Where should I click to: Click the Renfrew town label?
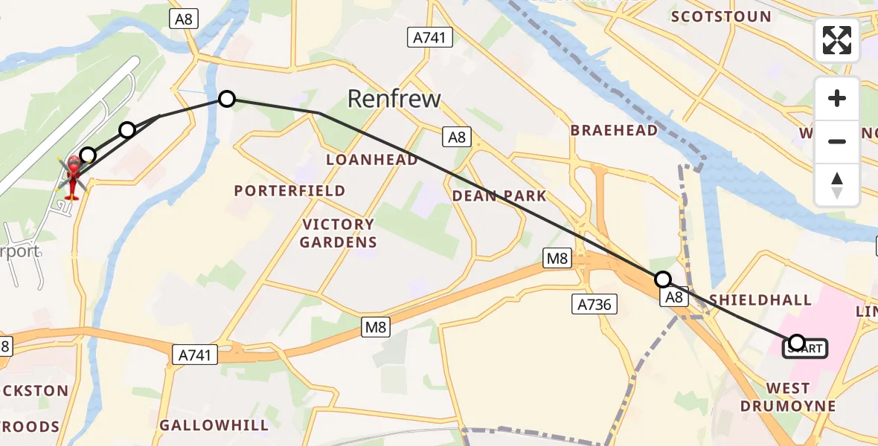click(x=394, y=99)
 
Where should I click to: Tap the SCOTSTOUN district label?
click(x=721, y=16)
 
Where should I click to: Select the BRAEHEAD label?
click(x=614, y=130)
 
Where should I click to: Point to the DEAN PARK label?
click(x=500, y=196)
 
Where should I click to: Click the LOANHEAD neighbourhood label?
click(x=371, y=160)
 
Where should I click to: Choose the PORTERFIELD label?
click(x=289, y=190)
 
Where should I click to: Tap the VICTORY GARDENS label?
click(x=338, y=233)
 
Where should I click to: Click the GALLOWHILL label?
click(x=214, y=425)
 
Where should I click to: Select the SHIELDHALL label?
click(x=760, y=300)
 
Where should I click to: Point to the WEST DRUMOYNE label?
click(x=788, y=397)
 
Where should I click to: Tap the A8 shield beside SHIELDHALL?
click(x=673, y=297)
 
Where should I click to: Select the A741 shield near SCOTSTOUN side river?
click(x=430, y=38)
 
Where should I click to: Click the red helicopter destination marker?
click(x=73, y=176)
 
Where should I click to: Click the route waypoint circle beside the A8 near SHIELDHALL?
click(x=662, y=279)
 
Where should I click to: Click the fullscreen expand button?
click(x=837, y=40)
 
